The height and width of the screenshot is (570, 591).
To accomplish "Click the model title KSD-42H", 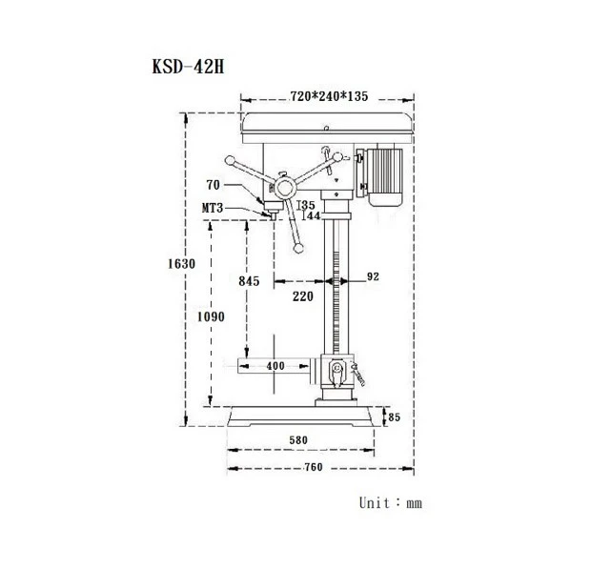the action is click(x=188, y=67).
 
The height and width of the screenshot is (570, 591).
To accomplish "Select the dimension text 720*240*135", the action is click(x=329, y=96).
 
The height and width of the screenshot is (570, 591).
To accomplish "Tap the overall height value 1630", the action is click(x=181, y=263).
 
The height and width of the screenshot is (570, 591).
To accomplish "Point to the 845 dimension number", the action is click(x=249, y=281).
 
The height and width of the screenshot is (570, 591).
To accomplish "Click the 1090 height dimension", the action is click(x=211, y=316).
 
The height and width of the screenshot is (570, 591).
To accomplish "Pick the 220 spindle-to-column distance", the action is click(x=303, y=296).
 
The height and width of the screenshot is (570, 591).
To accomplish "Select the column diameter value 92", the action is click(x=373, y=276).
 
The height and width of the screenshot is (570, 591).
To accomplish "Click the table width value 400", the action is click(x=275, y=366).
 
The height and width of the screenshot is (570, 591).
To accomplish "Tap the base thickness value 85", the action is click(x=394, y=417).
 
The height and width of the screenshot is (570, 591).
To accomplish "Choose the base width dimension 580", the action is click(x=298, y=440).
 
